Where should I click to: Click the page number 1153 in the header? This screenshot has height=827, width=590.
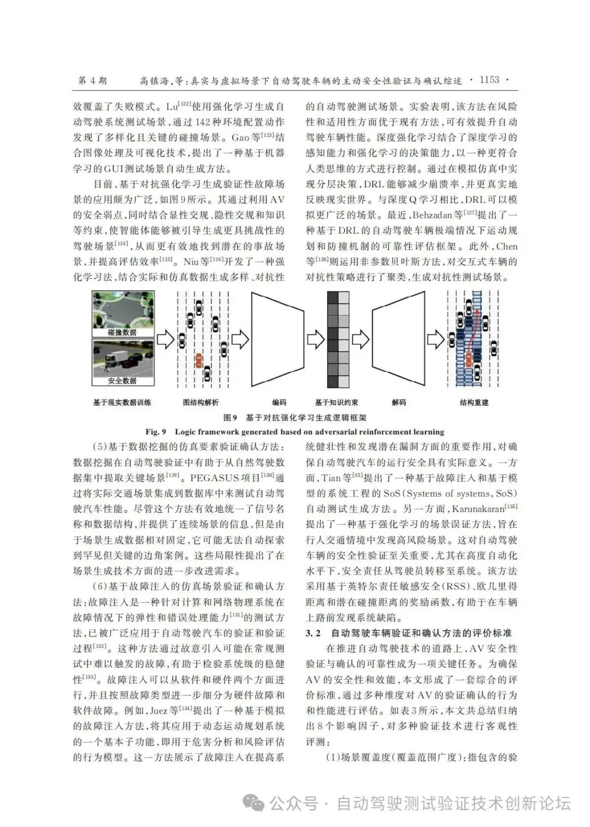tap(489, 80)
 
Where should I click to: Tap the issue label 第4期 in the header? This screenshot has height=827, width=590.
tap(92, 80)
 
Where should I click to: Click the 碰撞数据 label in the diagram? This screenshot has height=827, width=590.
tap(122, 332)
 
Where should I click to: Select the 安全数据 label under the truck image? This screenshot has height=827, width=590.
tap(122, 380)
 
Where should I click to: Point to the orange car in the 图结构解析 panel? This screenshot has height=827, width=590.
tap(198, 360)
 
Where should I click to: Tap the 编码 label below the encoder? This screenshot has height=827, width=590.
tap(279, 402)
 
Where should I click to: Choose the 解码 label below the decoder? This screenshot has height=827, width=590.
tap(399, 402)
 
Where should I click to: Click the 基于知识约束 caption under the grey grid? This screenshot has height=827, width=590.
tap(337, 402)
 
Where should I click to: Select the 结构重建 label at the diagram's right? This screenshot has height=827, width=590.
tap(474, 402)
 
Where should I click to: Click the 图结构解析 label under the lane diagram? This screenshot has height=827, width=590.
tap(200, 402)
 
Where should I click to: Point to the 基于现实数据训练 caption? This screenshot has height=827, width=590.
tap(122, 402)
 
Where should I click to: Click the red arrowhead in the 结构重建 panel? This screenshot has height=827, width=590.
tap(475, 313)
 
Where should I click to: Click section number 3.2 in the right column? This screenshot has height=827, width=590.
tap(313, 633)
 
